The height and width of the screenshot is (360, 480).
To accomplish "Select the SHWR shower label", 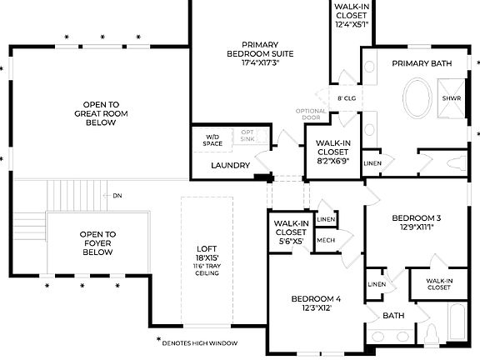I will click(450, 97).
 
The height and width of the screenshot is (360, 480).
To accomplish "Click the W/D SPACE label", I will click(212, 139).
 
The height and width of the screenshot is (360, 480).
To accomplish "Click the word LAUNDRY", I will click(230, 166).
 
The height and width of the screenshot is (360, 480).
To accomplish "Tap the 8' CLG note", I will click(347, 98).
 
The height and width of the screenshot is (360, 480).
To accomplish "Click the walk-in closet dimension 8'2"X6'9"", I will click(333, 160).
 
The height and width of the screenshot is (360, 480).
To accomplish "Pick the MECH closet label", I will click(326, 240).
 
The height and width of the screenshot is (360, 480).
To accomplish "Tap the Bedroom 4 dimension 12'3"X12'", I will click(316, 307).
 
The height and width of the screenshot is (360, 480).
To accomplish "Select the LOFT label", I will click(206, 248).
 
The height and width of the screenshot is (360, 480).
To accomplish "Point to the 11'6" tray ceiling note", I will click(206, 269).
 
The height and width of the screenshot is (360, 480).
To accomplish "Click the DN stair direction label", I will click(117, 196).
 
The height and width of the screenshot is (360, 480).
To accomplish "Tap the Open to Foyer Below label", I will click(97, 242).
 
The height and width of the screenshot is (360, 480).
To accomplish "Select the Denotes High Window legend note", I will click(201, 342).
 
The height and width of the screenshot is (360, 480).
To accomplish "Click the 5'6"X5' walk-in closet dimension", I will click(292, 242).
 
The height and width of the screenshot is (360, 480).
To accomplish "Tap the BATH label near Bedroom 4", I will click(393, 316).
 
